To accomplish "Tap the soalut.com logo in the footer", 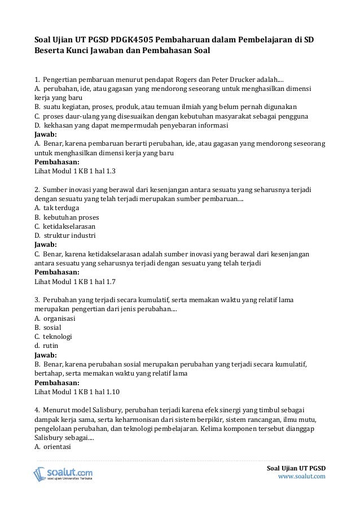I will tap(63, 473).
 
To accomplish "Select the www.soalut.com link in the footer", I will tap(302, 477).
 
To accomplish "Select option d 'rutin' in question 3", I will tap(46, 346).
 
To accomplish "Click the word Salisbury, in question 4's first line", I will tap(105, 410).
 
